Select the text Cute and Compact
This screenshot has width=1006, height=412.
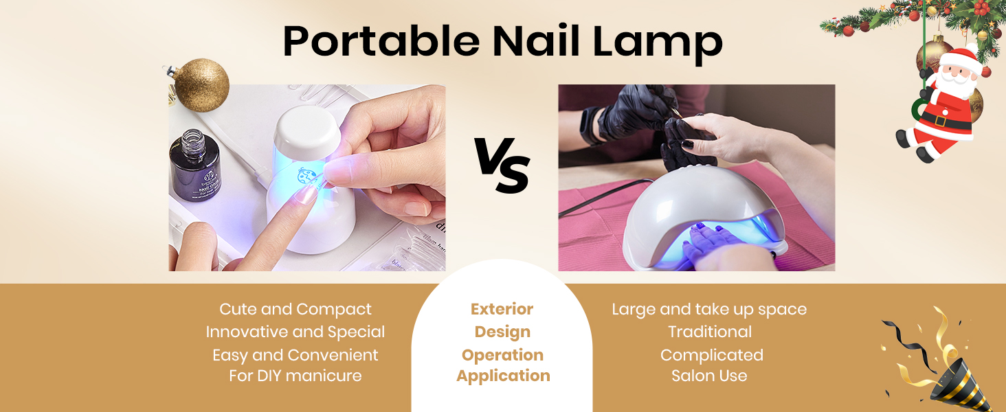tap(295, 310)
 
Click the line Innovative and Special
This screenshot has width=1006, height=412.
tap(295, 332)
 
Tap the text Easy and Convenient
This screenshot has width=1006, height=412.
tap(295, 355)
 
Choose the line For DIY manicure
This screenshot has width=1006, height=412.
tap(295, 376)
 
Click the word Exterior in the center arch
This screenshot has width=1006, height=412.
tap(502, 310)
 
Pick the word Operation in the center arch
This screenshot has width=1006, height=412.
tap(502, 355)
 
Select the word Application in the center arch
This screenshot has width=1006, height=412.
tap(503, 376)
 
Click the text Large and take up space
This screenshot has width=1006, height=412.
tap(709, 310)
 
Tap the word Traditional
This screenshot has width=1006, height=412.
tap(710, 332)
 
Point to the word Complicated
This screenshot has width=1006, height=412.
tap(711, 355)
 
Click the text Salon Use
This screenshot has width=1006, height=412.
tap(709, 376)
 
